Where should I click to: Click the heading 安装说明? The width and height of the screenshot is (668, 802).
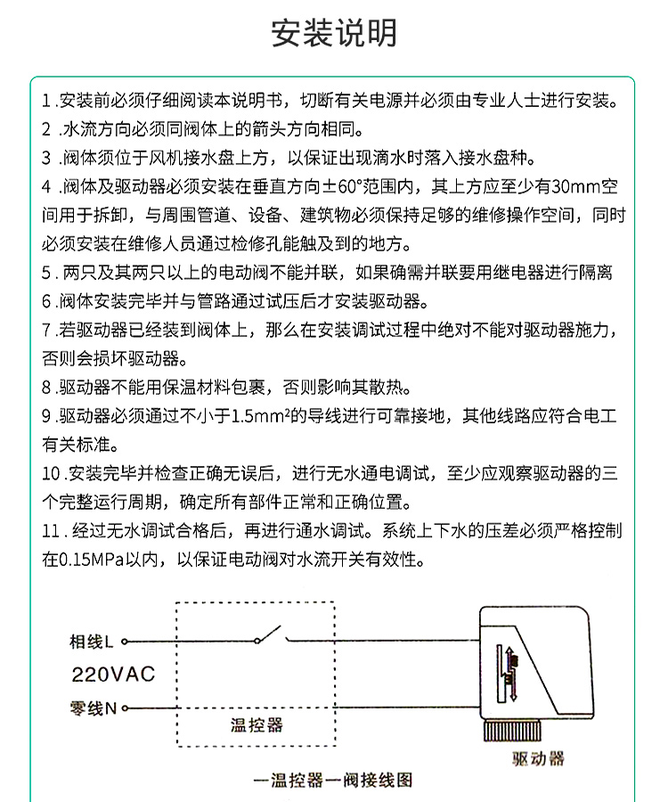point(334,33)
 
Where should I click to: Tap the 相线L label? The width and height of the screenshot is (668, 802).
point(91,641)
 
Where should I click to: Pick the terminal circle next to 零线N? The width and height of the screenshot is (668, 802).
point(126,709)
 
